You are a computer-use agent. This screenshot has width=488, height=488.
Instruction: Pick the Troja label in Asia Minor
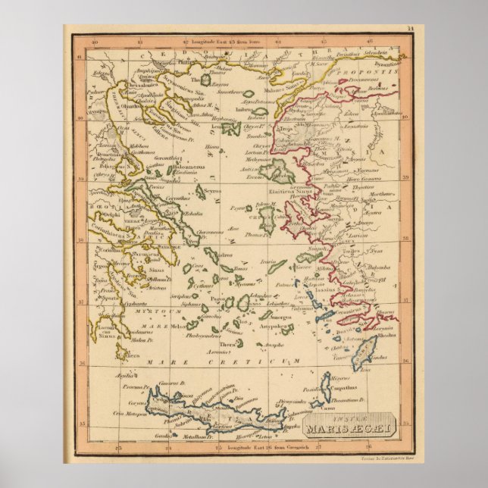click(287, 129)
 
